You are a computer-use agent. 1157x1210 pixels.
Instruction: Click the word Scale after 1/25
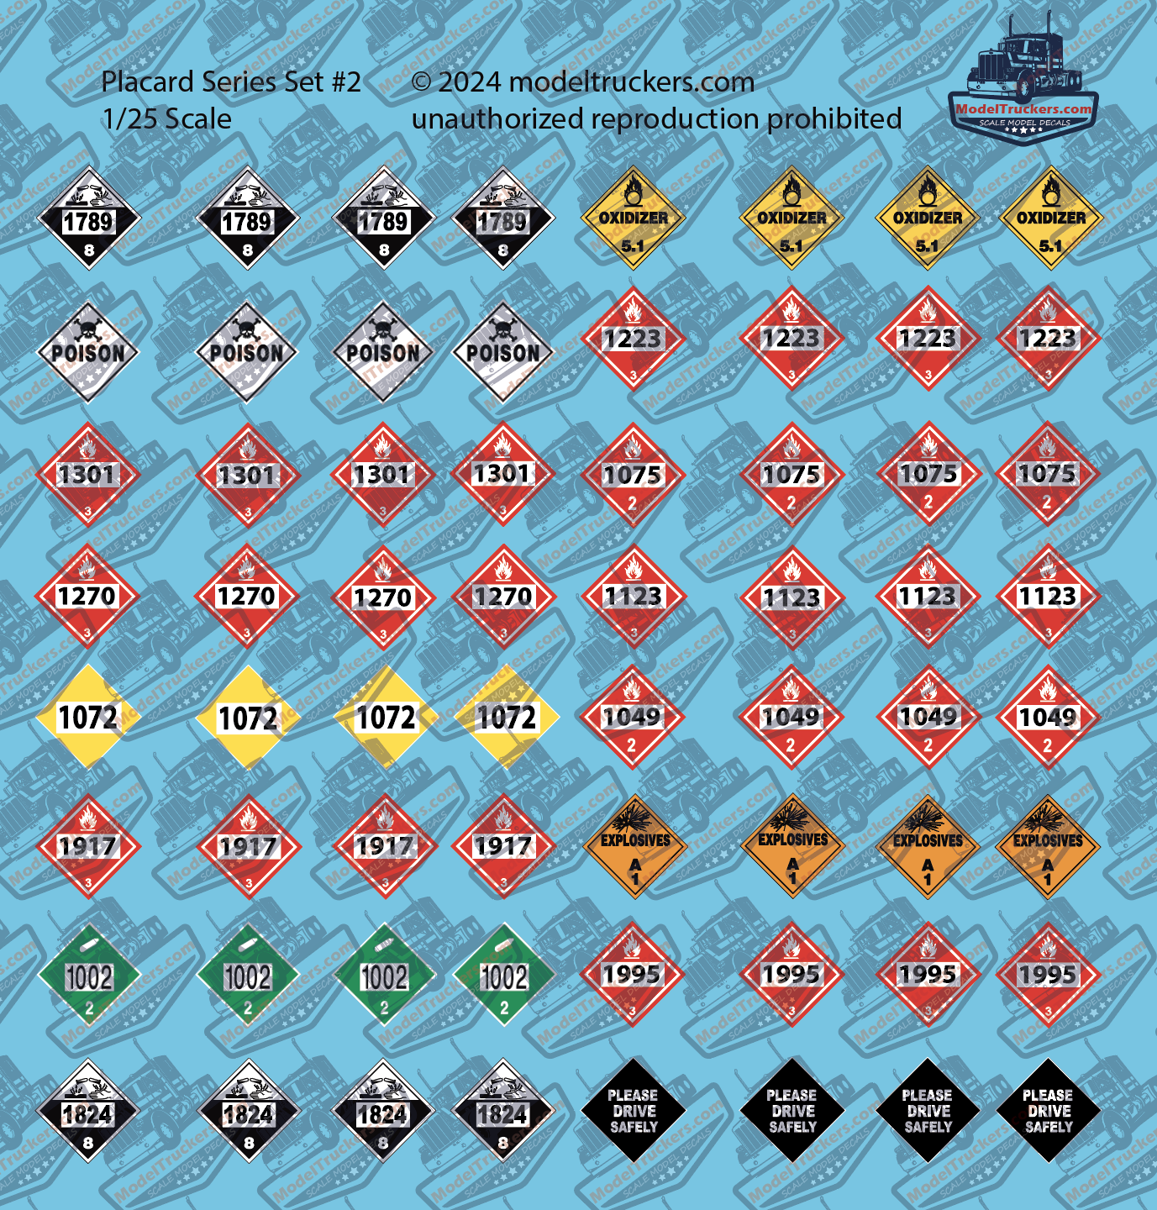click(x=198, y=119)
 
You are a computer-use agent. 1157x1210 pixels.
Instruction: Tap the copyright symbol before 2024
click(x=422, y=82)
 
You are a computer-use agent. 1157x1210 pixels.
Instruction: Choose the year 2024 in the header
click(x=470, y=82)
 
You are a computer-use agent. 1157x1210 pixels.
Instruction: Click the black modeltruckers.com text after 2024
click(x=632, y=82)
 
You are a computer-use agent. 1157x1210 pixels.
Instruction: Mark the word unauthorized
click(x=498, y=119)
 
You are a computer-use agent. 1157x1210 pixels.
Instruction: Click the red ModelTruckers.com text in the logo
click(x=1024, y=108)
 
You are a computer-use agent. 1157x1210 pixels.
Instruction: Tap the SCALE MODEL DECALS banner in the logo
click(x=1024, y=123)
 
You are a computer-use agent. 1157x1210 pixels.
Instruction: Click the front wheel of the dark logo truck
click(x=1027, y=87)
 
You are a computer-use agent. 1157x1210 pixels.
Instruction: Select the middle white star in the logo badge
click(x=1023, y=131)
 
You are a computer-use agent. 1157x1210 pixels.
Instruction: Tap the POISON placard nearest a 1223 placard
click(x=502, y=352)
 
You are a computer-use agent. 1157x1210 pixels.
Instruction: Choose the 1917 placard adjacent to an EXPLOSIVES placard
click(x=502, y=846)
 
